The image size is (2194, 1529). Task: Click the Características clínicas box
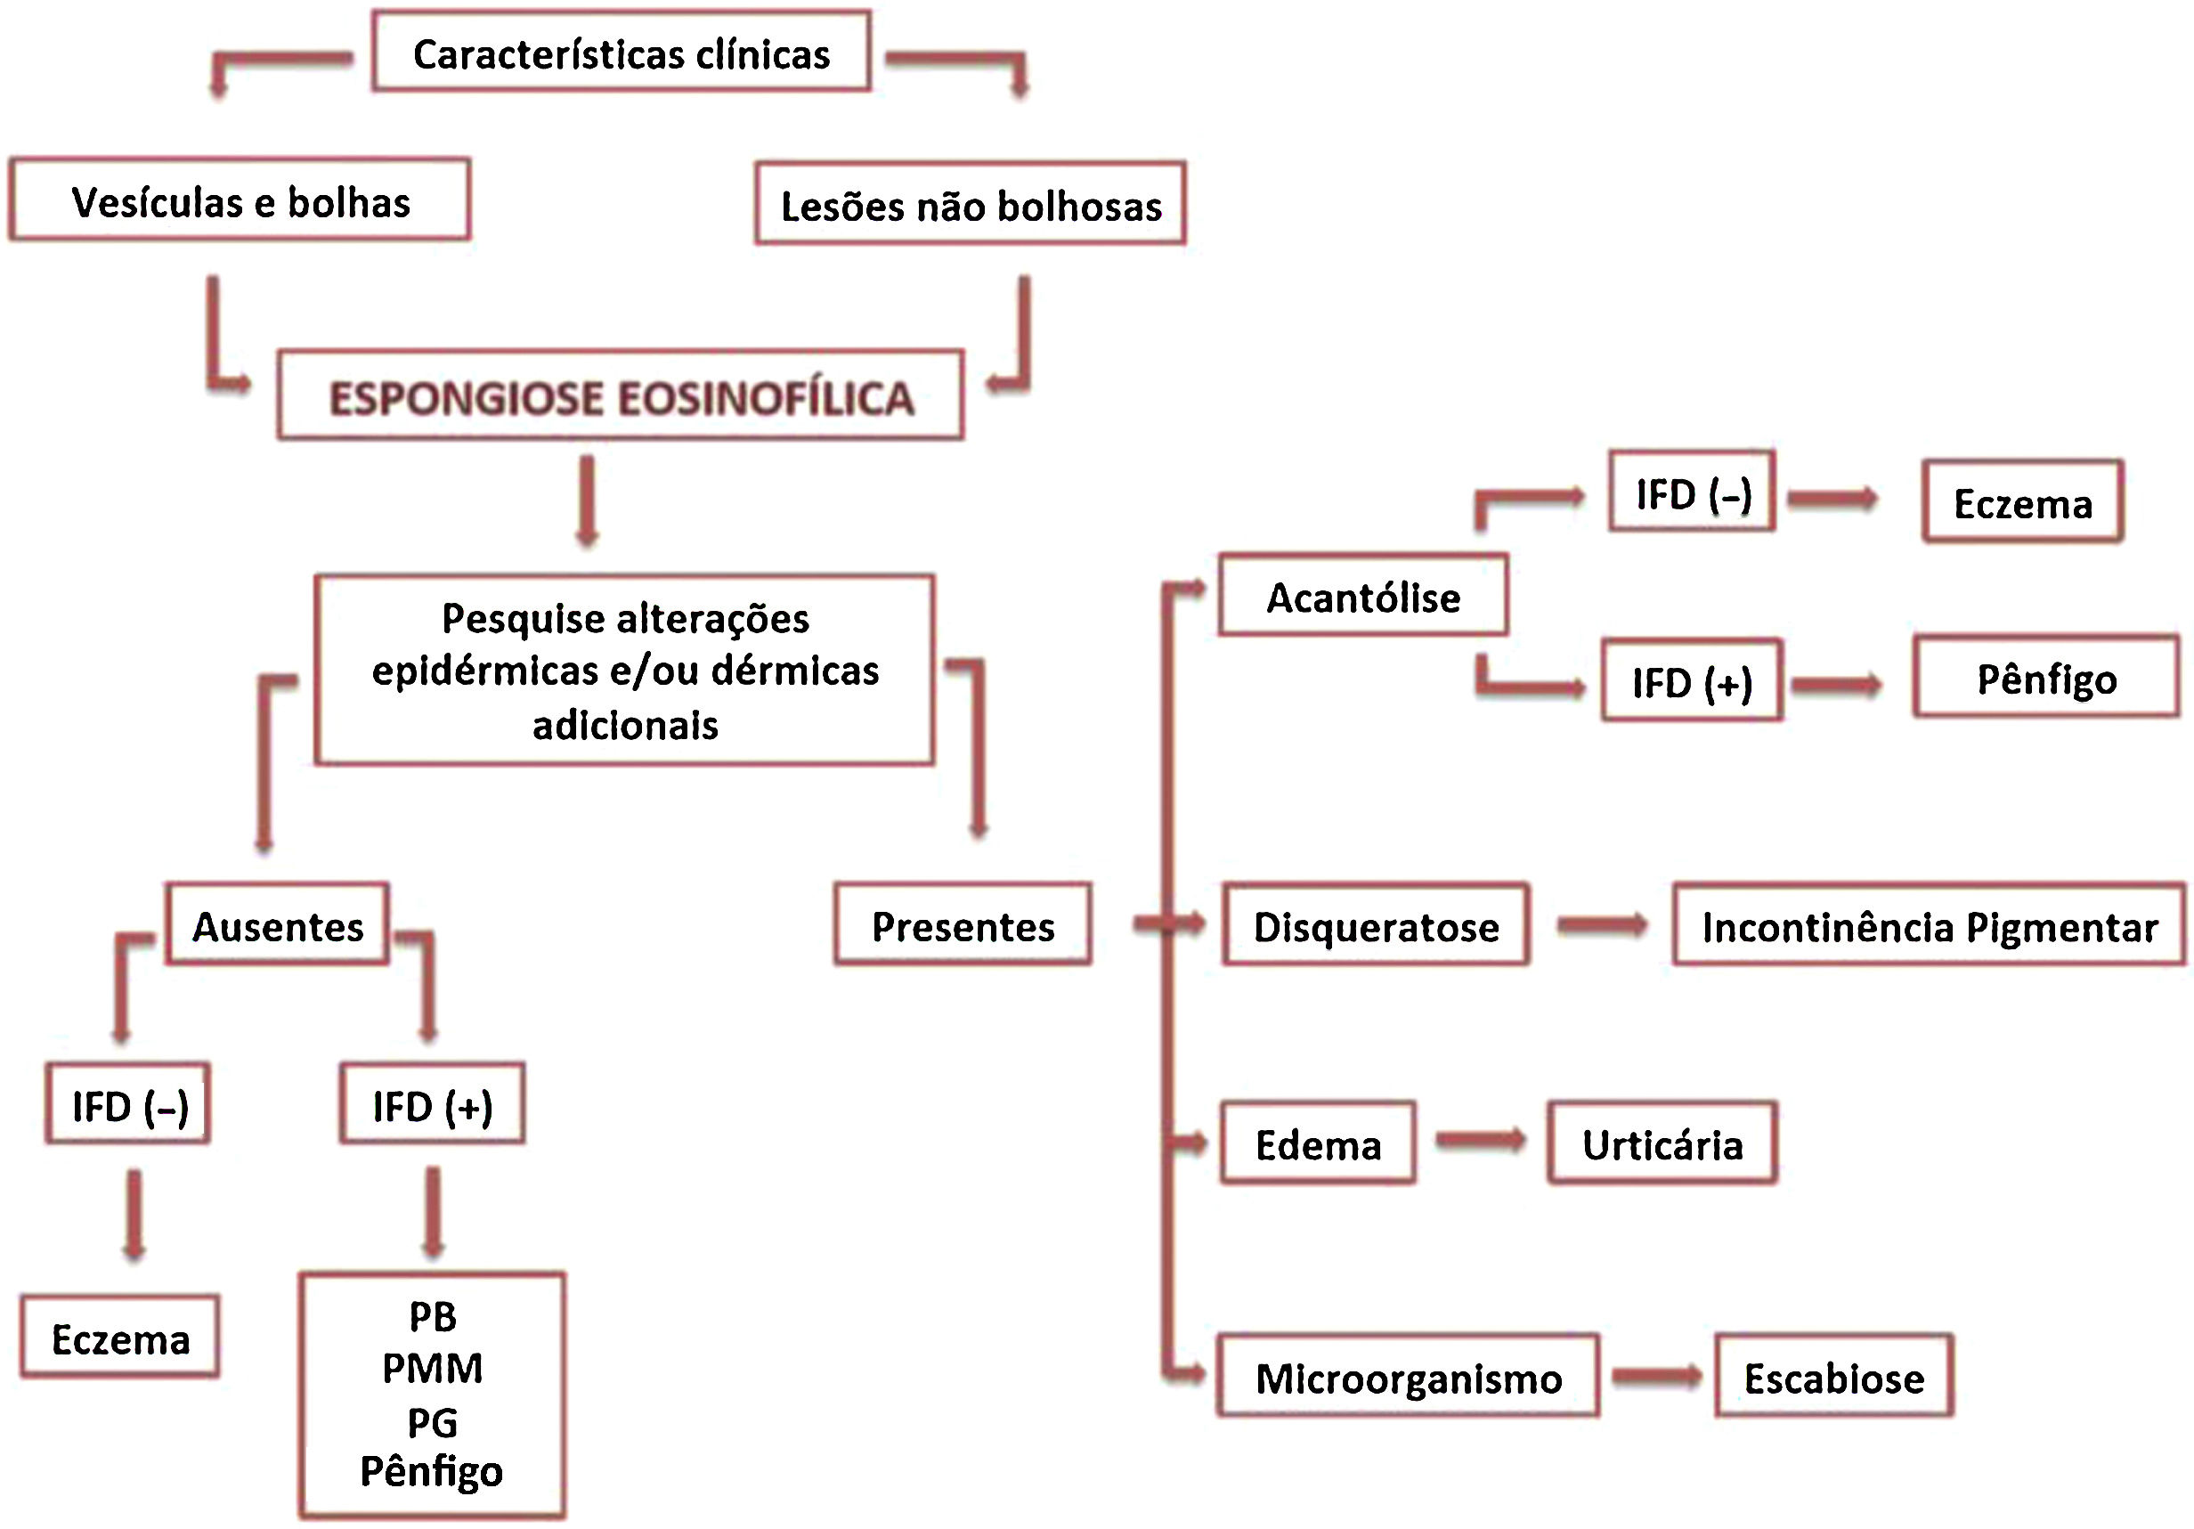coord(622,53)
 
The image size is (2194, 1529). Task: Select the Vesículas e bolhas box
coord(240,200)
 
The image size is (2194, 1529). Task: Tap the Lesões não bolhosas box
coord(970,205)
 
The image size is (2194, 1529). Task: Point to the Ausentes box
coord(277,925)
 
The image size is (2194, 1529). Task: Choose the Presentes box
coord(963,925)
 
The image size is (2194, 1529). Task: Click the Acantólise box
coord(1362,597)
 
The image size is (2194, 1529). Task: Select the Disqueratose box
coord(1376,925)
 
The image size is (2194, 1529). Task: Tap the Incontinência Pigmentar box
coord(1930,925)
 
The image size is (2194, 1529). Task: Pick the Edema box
coord(1318,1143)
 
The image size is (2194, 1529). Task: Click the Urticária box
coord(1662,1143)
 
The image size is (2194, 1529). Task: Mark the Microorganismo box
coord(1408,1376)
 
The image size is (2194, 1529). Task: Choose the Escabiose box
coord(1833,1376)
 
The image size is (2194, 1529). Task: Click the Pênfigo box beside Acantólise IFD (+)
coord(2046,678)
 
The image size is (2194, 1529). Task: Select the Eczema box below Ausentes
coord(120,1337)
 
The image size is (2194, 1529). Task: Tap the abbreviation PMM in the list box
coord(432,1369)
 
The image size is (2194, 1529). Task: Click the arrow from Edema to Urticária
coord(1481,1140)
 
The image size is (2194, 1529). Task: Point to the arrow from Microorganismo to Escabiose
coord(1656,1376)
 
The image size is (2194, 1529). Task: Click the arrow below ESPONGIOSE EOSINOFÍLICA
coord(587,501)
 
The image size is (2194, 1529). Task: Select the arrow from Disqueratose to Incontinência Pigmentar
coord(1602,924)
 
